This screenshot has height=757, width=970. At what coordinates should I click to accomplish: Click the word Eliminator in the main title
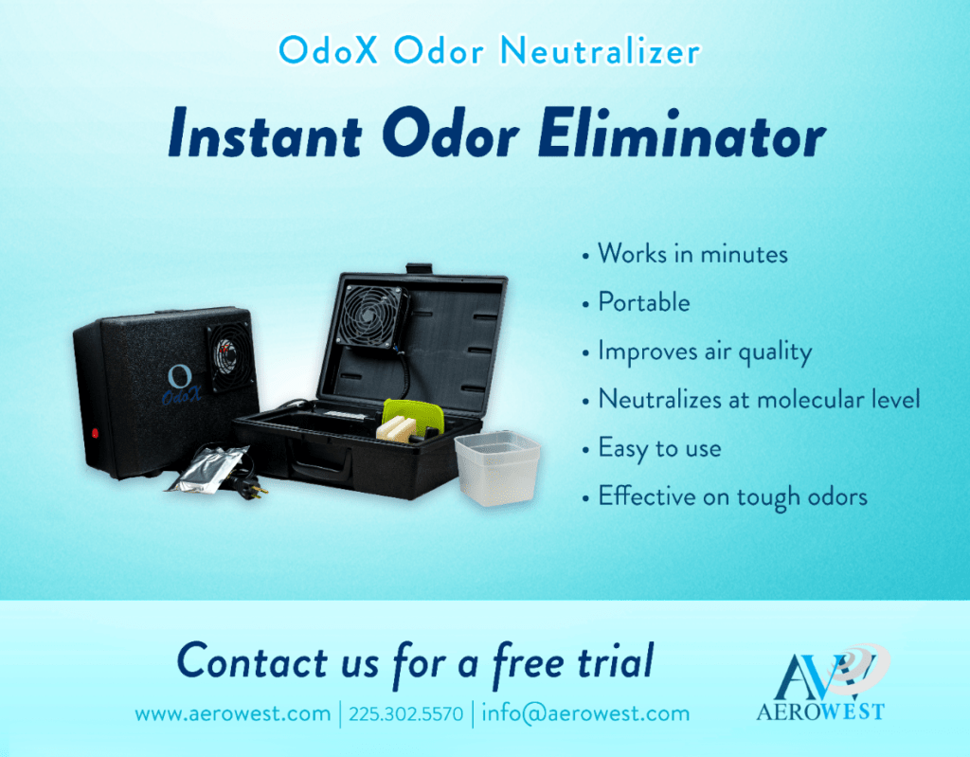[x=681, y=134]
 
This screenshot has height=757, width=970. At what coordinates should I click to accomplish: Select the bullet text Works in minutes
[x=692, y=254]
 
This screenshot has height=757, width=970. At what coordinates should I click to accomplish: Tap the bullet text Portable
[x=643, y=302]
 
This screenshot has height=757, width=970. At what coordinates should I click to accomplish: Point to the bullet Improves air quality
[x=705, y=351]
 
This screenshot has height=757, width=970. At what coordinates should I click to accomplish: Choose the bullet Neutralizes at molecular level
[x=759, y=399]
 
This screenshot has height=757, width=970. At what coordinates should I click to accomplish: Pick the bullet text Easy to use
[x=659, y=448]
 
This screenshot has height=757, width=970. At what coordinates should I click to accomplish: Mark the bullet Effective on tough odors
[x=732, y=496]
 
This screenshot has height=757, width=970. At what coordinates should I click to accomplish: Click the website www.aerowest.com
[x=233, y=713]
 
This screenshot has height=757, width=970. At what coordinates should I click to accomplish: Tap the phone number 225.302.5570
[x=405, y=713]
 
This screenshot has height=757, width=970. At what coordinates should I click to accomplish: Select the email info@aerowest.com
[x=585, y=713]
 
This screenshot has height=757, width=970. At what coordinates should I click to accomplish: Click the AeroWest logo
[x=822, y=683]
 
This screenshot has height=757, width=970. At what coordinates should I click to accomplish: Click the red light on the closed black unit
[x=95, y=433]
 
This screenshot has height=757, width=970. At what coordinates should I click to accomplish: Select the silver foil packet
[x=207, y=469]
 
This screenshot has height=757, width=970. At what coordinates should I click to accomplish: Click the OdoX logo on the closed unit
[x=181, y=385]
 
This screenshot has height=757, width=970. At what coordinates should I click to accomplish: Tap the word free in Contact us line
[x=529, y=663]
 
